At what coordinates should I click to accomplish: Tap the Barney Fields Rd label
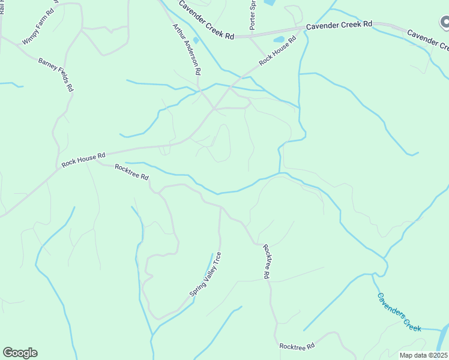(56, 74)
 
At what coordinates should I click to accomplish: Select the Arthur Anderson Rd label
(186, 49)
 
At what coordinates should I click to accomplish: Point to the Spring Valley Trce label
(206, 274)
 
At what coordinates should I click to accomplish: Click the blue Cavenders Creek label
(399, 312)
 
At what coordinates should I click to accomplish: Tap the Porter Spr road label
(252, 16)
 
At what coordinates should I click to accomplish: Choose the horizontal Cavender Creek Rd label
(339, 25)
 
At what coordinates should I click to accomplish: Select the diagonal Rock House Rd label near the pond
(277, 52)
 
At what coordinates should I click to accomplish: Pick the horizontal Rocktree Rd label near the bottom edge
(297, 347)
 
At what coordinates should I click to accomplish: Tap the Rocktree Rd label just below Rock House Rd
(131, 172)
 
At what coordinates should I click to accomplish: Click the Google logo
(20, 353)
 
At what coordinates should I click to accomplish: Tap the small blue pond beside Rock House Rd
(279, 40)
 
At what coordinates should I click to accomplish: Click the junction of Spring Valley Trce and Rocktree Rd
(220, 208)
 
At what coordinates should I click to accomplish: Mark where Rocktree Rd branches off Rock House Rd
(96, 161)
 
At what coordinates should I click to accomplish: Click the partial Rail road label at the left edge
(2, 7)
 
